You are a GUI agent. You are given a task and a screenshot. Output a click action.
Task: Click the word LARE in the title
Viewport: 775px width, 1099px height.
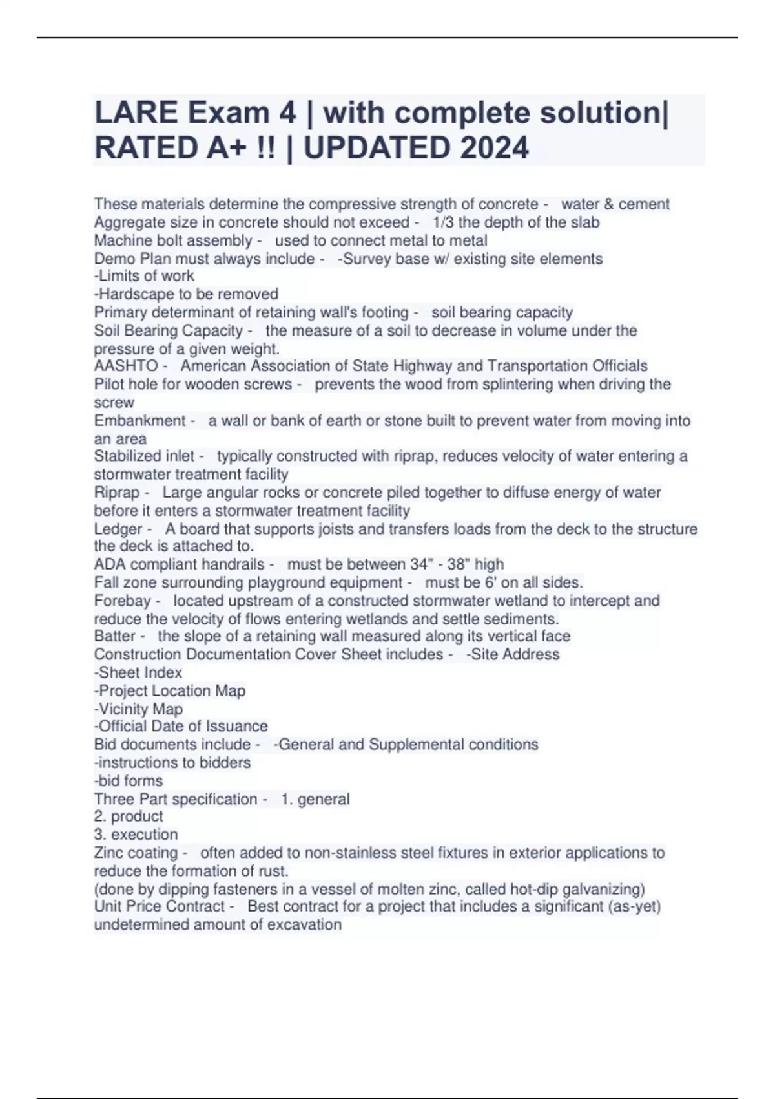click(x=136, y=113)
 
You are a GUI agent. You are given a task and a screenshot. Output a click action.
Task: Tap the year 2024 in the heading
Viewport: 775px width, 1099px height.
click(x=494, y=148)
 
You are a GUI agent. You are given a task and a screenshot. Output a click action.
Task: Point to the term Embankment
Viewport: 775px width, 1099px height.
click(x=139, y=421)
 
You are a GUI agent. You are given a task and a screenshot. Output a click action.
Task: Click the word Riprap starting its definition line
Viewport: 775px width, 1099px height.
click(x=117, y=493)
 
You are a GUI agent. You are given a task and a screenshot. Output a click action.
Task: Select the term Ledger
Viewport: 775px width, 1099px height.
click(x=118, y=529)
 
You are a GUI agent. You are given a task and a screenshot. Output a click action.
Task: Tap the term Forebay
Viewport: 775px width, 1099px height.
click(x=122, y=601)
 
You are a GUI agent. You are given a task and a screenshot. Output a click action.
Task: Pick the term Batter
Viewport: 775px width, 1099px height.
click(x=115, y=636)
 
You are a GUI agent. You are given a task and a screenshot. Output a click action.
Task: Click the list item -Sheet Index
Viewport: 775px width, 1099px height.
click(x=138, y=672)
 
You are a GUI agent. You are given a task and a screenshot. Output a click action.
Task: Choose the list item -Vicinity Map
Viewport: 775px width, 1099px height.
click(x=139, y=709)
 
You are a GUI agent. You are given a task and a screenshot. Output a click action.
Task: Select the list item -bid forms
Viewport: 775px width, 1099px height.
click(x=129, y=781)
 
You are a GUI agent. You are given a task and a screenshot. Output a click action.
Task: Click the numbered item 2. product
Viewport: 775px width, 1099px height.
click(x=129, y=816)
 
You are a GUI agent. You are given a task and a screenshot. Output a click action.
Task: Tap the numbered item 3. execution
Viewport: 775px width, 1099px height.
click(x=136, y=835)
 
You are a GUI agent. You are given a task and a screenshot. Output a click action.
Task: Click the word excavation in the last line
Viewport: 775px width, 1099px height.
click(x=305, y=924)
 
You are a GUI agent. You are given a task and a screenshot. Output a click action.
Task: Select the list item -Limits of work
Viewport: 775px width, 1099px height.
click(x=144, y=276)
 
